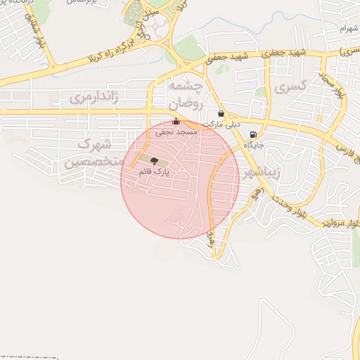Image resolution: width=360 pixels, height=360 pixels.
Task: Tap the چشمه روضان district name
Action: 185,94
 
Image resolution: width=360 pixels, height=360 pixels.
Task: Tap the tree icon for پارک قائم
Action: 155,162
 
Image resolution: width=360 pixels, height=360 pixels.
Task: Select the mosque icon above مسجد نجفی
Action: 176,122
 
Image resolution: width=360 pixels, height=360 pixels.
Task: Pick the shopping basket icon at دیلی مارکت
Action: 221,114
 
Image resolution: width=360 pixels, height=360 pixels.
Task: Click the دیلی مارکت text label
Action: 222,124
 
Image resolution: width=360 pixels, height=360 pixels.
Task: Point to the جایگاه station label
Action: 253,144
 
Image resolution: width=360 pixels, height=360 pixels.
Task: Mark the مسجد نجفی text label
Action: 190,131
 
